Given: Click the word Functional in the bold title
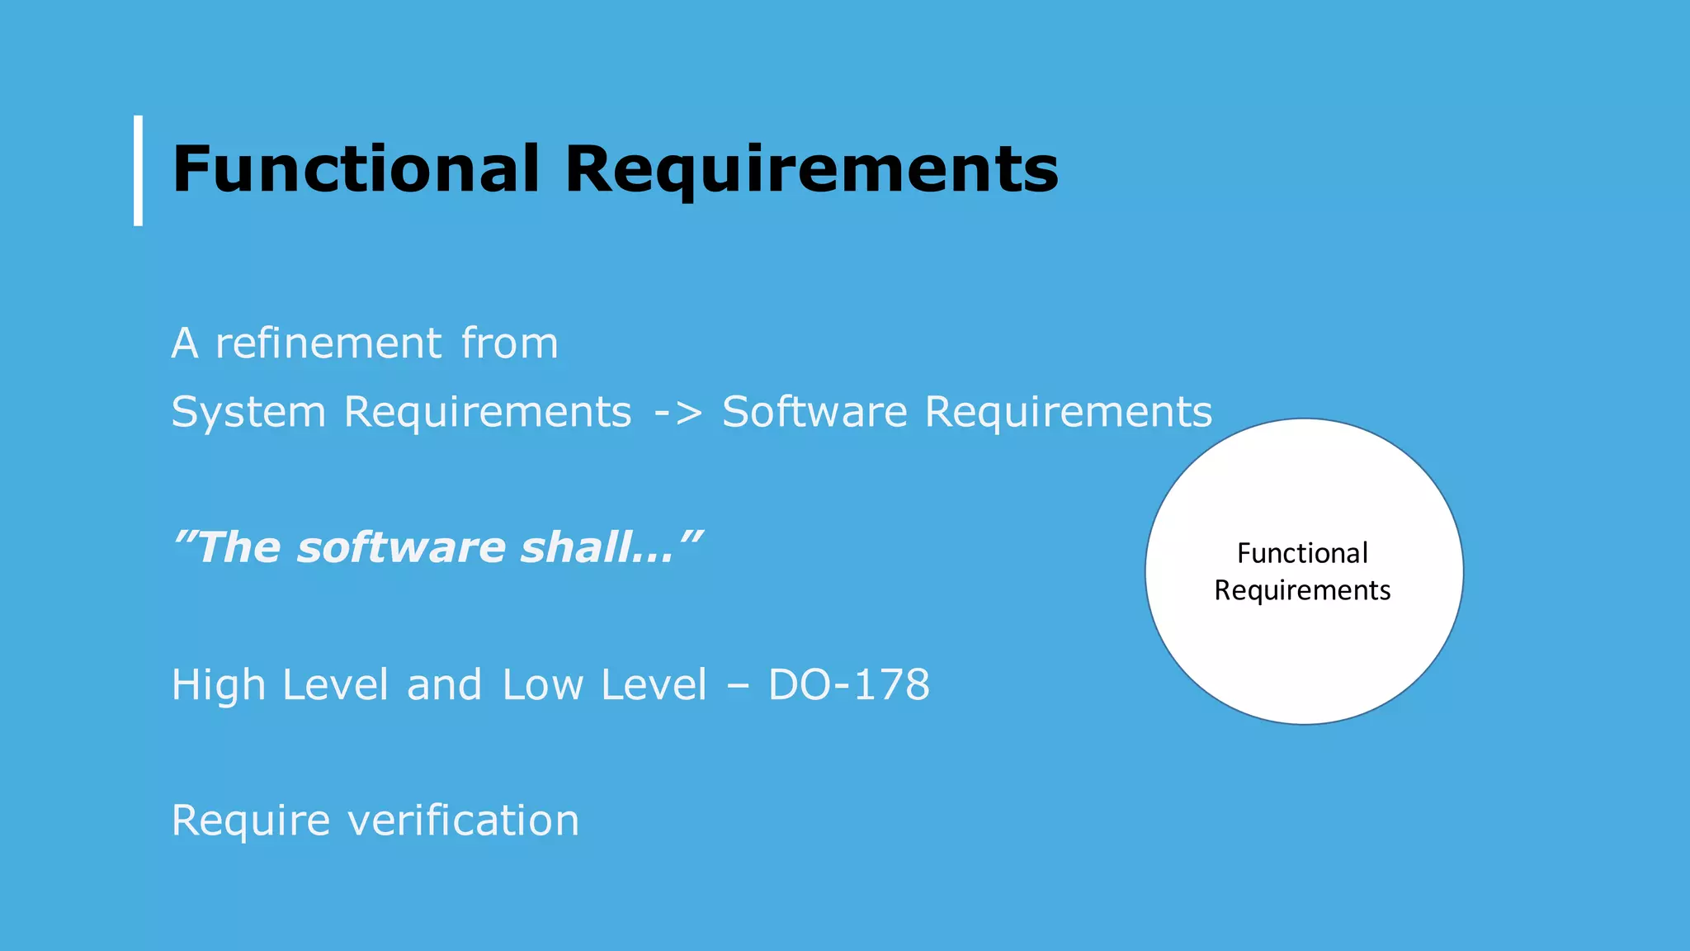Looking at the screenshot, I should (x=356, y=169).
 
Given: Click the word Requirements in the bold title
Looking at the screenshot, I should (x=811, y=171).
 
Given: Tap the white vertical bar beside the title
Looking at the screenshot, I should (x=139, y=170).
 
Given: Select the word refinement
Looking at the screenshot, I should (x=328, y=343).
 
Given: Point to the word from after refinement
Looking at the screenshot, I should (x=509, y=343).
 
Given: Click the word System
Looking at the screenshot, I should (x=248, y=412).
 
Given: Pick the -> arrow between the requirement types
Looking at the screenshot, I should (x=677, y=412).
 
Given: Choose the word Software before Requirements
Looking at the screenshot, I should (x=814, y=412).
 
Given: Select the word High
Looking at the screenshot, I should (x=219, y=685).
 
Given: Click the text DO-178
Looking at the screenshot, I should (x=848, y=685).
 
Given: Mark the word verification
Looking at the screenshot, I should (x=463, y=821).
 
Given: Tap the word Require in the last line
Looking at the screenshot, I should (x=251, y=821).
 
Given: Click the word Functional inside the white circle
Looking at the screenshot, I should (x=1302, y=553).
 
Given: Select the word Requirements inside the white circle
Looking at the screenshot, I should (x=1302, y=591).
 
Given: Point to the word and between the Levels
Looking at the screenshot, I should (x=444, y=685).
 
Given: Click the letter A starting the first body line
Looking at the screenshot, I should (x=185, y=343).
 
